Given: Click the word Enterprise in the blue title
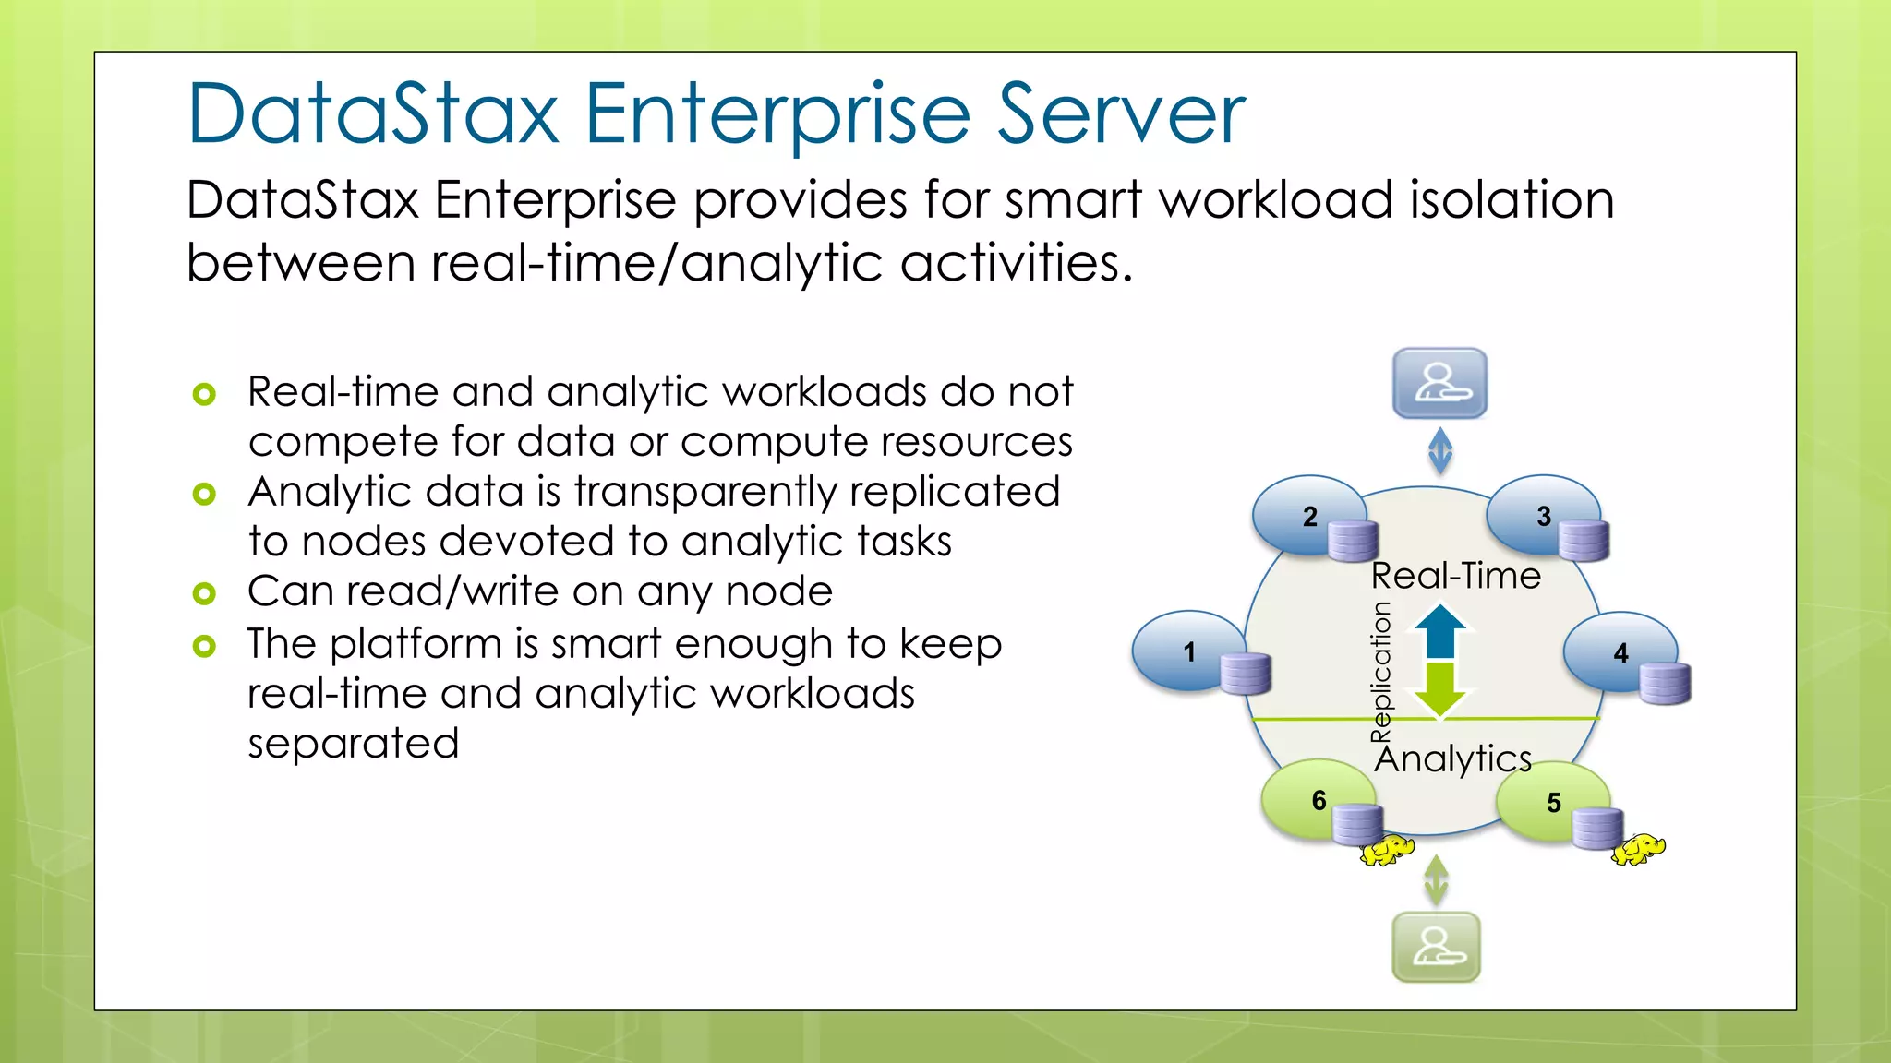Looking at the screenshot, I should [x=777, y=114].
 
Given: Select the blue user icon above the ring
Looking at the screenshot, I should [x=1439, y=383].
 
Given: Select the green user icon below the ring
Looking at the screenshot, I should [x=1436, y=947].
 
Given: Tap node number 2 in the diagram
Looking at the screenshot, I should [x=1309, y=516].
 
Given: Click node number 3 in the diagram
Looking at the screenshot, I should [x=1543, y=516].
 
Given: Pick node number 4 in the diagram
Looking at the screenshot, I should [x=1620, y=652].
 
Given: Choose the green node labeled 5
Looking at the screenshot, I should [x=1553, y=802].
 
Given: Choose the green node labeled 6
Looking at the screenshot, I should [x=1319, y=799].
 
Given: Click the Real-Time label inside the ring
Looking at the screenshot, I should [x=1455, y=576].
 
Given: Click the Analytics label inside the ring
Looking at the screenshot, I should [x=1453, y=758].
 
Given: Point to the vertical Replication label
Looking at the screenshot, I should [x=1380, y=671].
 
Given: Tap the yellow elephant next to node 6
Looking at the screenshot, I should [x=1387, y=850].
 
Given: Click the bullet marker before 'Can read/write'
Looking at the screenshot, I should [x=204, y=593].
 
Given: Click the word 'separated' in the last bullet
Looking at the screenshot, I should [x=353, y=743].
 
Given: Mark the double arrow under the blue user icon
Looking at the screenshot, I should [x=1440, y=451].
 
